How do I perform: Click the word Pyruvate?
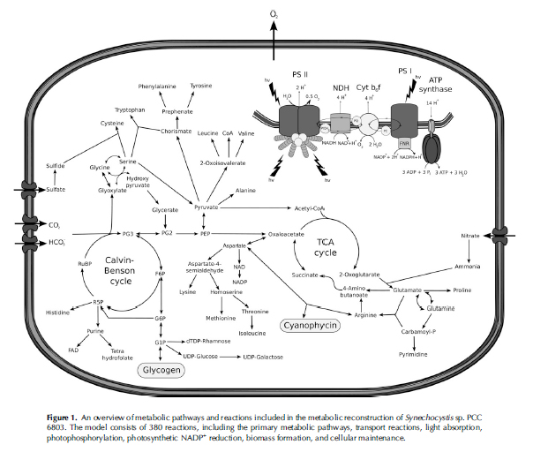pos(206,207)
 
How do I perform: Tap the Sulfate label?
pos(56,189)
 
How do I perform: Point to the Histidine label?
pos(56,313)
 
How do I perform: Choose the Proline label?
pos(462,289)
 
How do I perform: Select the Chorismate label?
pos(176,132)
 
